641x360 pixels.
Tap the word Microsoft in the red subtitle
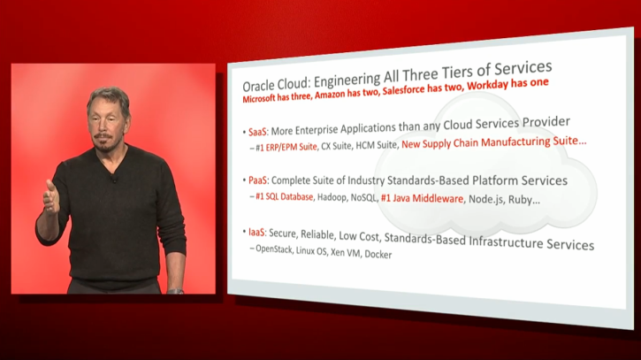[x=259, y=98]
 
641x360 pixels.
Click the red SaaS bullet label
[x=257, y=132]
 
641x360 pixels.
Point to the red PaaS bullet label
[x=257, y=180]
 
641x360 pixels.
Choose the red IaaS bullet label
[x=256, y=233]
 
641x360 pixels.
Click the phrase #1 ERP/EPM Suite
[x=286, y=147]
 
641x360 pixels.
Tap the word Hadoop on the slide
[x=332, y=197]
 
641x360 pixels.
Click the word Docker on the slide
[x=378, y=255]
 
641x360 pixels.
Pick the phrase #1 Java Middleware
[x=422, y=198]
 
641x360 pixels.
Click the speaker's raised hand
[x=51, y=197]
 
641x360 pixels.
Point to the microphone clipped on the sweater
[x=114, y=179]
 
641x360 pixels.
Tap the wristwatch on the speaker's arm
[x=175, y=291]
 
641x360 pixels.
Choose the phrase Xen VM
[x=346, y=253]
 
